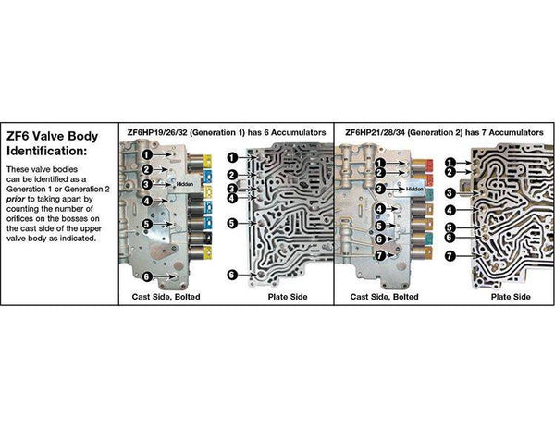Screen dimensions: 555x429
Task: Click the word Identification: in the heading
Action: pos(46,151)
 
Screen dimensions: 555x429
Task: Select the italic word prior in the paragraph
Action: pos(15,199)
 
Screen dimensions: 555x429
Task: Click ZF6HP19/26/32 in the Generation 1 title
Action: pos(157,132)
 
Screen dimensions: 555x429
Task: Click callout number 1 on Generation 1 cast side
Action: pos(148,154)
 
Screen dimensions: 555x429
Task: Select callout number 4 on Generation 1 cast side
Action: pos(148,201)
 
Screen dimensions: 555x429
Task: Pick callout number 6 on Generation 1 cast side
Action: pos(147,276)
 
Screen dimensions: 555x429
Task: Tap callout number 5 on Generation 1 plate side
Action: pos(232,224)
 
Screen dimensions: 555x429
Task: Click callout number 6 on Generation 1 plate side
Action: pos(232,275)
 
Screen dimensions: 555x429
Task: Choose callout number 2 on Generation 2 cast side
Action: pos(380,173)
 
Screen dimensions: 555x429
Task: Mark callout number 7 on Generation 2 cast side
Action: pos(380,255)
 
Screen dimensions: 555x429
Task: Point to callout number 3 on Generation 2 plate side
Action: pos(450,193)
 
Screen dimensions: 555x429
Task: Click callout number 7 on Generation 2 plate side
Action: pos(450,256)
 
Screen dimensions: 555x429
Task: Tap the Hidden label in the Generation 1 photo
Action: pos(185,184)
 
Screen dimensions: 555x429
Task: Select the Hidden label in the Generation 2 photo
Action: pos(414,190)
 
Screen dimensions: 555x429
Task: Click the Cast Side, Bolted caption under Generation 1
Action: pos(166,297)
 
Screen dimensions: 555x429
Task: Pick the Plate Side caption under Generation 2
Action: pos(511,297)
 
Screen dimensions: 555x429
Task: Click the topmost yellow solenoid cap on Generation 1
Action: pos(207,161)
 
